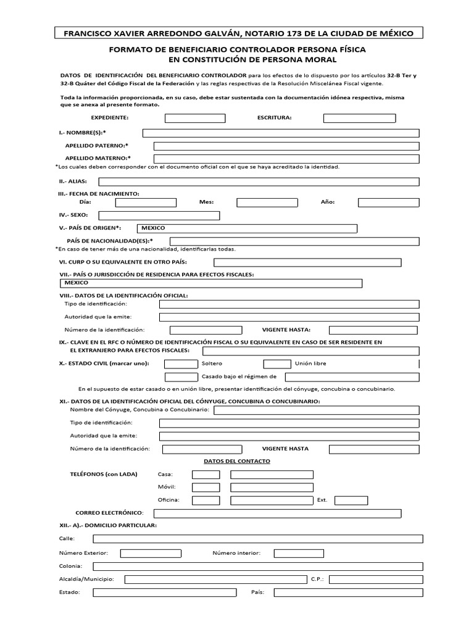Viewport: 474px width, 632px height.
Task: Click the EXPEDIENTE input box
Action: coord(194,117)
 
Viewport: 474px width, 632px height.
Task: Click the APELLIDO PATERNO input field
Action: coord(286,146)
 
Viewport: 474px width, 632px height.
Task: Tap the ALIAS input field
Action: coord(259,181)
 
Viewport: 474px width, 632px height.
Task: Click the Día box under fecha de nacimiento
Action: coord(146,202)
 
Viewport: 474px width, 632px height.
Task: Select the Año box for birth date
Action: coord(388,202)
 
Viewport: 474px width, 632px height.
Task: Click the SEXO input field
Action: coord(159,215)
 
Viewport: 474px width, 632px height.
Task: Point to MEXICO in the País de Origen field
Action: coord(154,228)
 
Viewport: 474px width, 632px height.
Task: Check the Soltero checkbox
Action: coord(181,364)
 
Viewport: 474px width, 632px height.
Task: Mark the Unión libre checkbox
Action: coord(276,364)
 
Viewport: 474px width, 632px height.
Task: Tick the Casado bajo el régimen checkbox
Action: coord(181,376)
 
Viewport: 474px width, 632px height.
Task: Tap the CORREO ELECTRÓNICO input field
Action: coord(277,513)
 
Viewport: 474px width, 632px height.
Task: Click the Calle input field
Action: coord(258,539)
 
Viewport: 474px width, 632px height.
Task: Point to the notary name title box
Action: coord(236,33)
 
